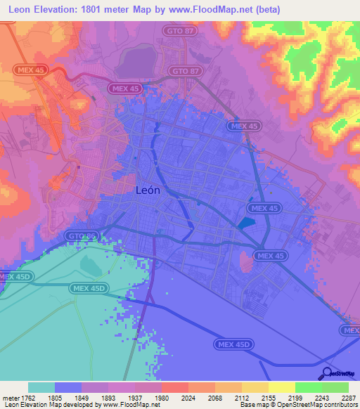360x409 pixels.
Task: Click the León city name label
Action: (x=147, y=190)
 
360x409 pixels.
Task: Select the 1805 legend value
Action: (x=54, y=397)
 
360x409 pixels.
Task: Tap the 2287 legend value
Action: (x=349, y=397)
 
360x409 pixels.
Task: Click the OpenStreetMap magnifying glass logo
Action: (x=326, y=373)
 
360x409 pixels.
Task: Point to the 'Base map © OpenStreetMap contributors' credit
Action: (x=298, y=405)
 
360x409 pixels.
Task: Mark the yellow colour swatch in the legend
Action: (x=281, y=387)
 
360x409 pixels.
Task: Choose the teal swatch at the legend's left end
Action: (x=41, y=387)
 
